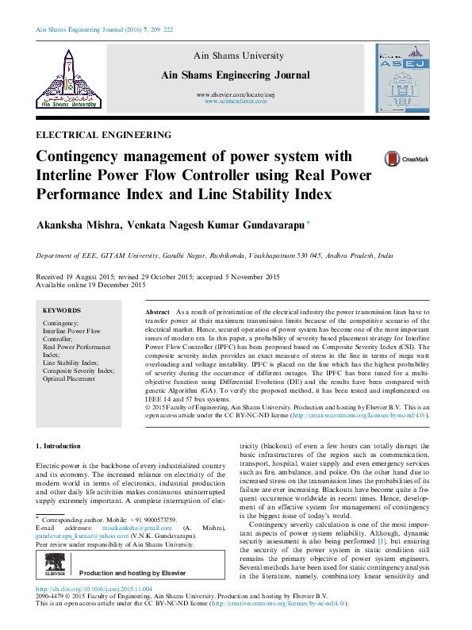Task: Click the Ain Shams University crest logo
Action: pos(67,77)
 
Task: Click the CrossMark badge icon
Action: pos(370,159)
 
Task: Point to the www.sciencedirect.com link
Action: pos(234,102)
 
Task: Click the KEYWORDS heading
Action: pos(62,310)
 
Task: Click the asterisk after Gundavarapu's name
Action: pos(309,224)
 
